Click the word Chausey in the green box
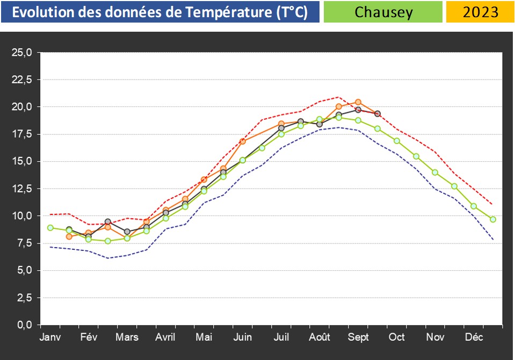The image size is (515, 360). coord(383,12)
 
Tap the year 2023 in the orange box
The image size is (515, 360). coord(481,12)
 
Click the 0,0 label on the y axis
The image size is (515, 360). coord(24,325)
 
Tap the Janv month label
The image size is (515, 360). coord(50,337)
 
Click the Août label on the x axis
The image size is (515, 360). coord(320,337)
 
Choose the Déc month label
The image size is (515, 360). coord(474,337)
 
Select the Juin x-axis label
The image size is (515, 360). coord(243,337)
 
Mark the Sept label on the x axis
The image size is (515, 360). coord(358,337)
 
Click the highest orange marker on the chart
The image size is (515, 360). coord(358,102)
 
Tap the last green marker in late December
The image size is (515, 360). coord(493,219)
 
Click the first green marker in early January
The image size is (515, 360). coord(50,228)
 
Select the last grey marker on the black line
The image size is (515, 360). coord(378,114)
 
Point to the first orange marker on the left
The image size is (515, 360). coord(69,236)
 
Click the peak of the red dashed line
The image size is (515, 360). coord(338,97)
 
